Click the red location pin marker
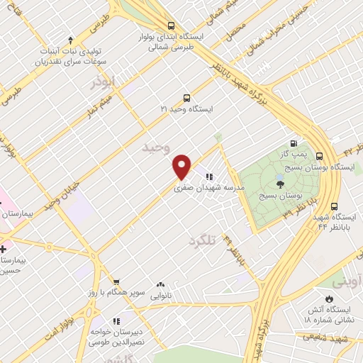point(182,167)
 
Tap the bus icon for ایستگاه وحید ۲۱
point(186,99)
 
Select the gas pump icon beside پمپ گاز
point(291,143)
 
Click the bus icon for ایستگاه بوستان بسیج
point(319,157)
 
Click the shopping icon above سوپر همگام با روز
point(116,281)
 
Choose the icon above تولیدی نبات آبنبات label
point(70,40)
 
